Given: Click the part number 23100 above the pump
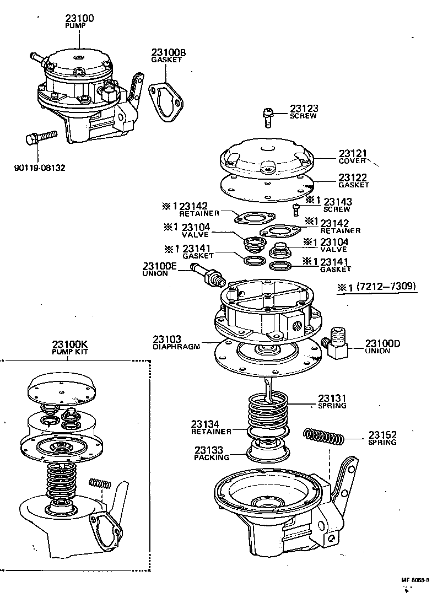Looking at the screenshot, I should (79, 18).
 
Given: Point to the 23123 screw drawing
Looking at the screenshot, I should (268, 117).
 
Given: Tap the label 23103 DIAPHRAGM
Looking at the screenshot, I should (176, 342).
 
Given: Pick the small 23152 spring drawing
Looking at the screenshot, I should (324, 437).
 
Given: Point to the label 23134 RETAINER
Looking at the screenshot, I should (206, 427).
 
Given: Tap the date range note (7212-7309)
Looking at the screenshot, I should (385, 286).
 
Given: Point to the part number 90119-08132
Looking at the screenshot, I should (39, 167).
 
